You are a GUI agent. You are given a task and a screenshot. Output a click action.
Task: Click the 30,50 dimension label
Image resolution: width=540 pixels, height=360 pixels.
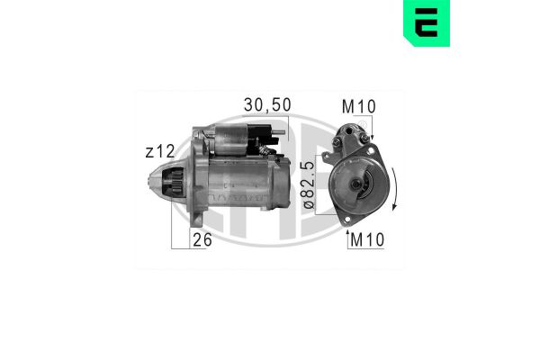point(267,105)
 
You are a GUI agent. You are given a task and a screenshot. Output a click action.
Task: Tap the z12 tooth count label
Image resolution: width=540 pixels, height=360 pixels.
point(160,151)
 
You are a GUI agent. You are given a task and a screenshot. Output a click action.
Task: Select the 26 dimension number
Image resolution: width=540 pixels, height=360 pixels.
point(202,239)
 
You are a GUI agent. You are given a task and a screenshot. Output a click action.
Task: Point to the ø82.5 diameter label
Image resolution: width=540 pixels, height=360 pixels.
point(310,185)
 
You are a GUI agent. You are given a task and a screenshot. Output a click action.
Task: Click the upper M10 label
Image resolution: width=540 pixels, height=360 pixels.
point(358,107)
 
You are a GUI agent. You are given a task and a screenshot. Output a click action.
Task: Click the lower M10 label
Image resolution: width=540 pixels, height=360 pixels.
point(367,239)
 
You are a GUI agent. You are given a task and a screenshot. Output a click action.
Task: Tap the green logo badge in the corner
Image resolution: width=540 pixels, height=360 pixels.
point(427,23)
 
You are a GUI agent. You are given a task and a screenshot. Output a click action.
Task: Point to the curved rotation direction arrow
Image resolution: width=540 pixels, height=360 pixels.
point(394,188)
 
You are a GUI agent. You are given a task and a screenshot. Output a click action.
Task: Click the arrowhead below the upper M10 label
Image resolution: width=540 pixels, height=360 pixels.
point(372,137)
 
